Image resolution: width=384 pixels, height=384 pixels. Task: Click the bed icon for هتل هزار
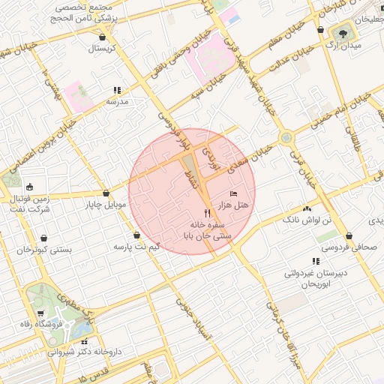pyautogui.click(x=233, y=194)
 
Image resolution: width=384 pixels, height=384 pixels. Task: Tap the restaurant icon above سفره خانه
pyautogui.click(x=208, y=214)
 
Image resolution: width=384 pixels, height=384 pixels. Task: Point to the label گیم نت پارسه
pyautogui.click(x=136, y=246)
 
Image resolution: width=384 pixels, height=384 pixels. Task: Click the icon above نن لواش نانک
pyautogui.click(x=306, y=208)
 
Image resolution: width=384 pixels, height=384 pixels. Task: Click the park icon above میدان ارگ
pyautogui.click(x=344, y=34)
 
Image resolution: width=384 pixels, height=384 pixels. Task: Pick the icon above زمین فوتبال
pyautogui.click(x=29, y=187)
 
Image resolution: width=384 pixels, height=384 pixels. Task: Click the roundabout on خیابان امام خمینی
pyautogui.click(x=286, y=138)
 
